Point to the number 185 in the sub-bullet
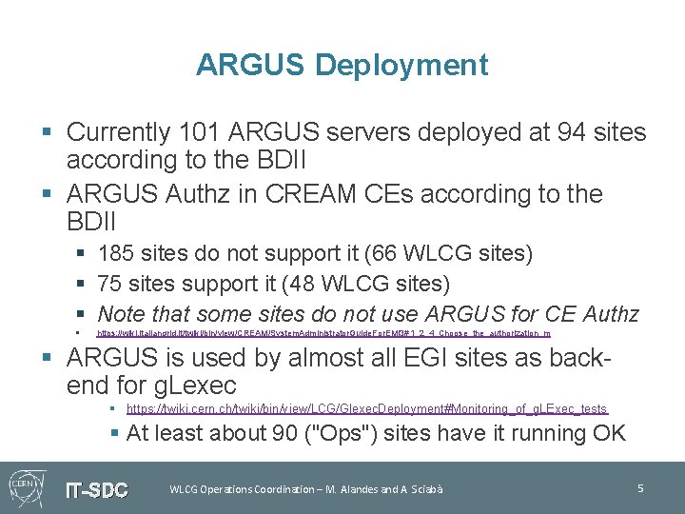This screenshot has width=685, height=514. [115, 254]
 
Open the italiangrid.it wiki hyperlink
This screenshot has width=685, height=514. [323, 334]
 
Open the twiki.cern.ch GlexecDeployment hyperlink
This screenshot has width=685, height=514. [366, 408]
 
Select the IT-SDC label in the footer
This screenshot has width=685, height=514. [96, 490]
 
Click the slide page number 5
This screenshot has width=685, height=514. [640, 488]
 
